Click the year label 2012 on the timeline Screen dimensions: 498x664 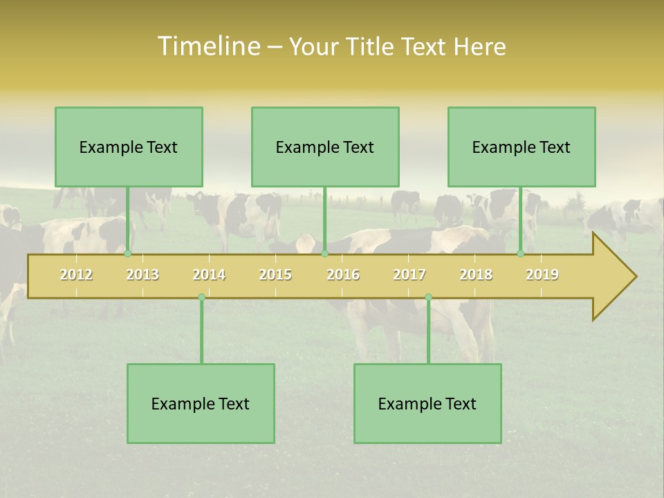click(76, 275)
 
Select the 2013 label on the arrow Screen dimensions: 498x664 click(142, 275)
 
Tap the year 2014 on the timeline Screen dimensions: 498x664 click(209, 275)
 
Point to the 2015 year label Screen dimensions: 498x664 click(275, 275)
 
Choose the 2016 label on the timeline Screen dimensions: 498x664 click(343, 275)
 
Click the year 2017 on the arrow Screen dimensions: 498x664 click(409, 275)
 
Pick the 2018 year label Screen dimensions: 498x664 click(476, 275)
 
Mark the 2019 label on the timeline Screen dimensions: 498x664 click(542, 275)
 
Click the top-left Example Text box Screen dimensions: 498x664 click(129, 147)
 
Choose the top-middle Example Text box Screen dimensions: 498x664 click(325, 147)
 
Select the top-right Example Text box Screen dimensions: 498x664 click(522, 147)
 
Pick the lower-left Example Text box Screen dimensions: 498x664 click(201, 404)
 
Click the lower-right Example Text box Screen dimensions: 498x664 click(427, 404)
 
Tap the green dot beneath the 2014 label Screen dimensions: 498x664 click(201, 297)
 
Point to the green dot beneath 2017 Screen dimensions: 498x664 click(428, 297)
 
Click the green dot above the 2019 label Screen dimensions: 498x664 click(521, 254)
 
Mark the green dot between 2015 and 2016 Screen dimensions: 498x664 click(324, 254)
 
